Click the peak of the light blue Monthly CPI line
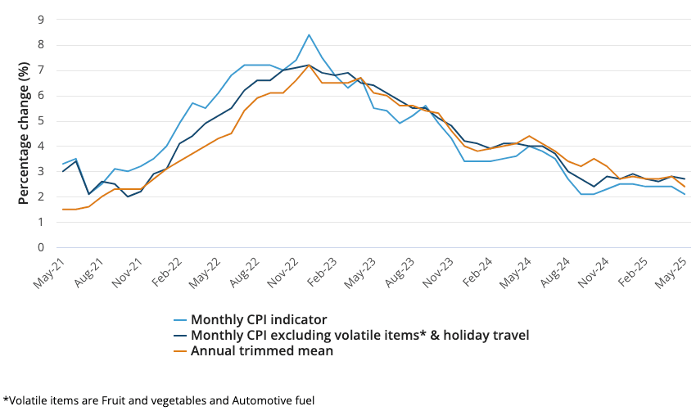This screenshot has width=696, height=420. [309, 34]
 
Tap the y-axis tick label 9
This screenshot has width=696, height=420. [41, 20]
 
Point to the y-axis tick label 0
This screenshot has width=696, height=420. [41, 247]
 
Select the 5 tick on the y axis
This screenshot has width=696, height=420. [41, 121]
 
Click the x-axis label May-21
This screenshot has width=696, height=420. [50, 269]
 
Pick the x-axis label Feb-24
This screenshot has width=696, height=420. [477, 269]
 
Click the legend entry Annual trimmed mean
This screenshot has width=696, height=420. [261, 350]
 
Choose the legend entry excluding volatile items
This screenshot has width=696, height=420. [359, 334]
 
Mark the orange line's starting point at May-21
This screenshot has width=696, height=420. [62, 210]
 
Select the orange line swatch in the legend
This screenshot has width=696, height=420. [179, 350]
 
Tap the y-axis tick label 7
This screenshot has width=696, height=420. [41, 70]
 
